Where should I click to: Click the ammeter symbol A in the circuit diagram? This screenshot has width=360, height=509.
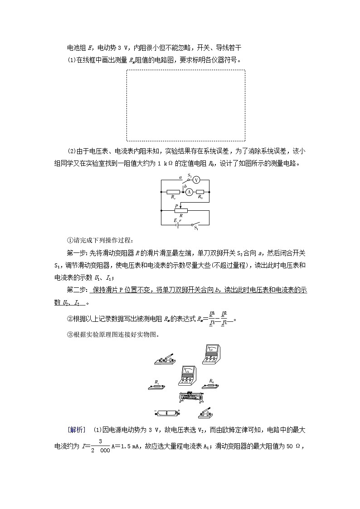(x=189, y=192)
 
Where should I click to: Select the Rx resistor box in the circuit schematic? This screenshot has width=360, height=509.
(x=173, y=192)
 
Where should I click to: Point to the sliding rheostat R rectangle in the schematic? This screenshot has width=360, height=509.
(x=181, y=211)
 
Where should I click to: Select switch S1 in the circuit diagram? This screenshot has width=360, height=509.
(x=195, y=225)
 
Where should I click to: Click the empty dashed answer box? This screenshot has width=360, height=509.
(x=185, y=105)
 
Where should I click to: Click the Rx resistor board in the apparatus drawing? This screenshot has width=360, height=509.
(x=157, y=386)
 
